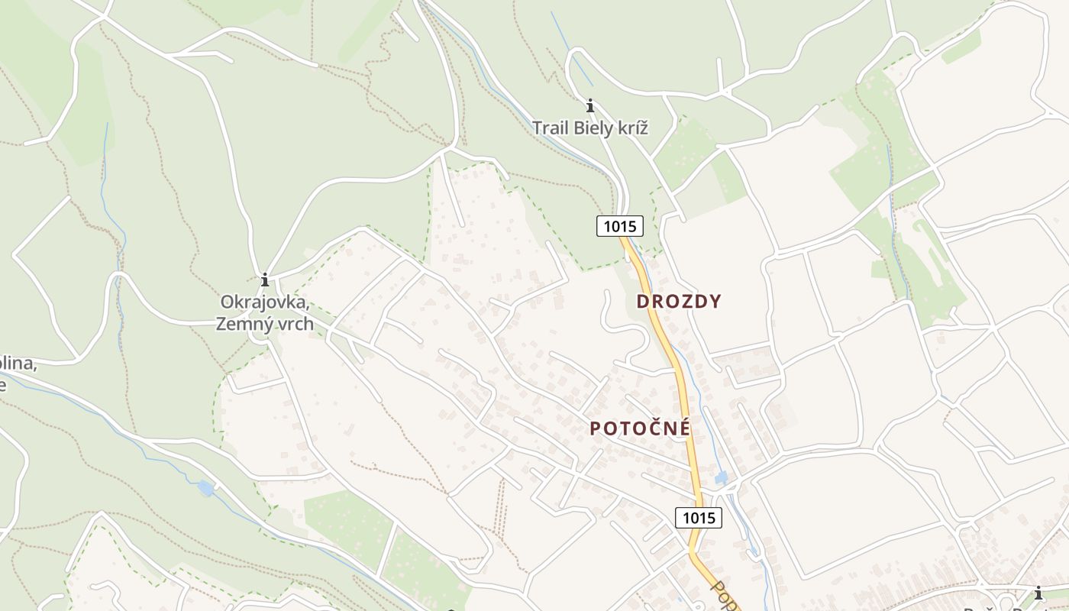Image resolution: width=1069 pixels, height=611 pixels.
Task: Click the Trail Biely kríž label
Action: [589, 128]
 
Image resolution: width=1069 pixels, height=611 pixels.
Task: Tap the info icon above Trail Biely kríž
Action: [589, 105]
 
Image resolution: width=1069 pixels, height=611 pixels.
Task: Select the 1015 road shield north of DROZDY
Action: [619, 226]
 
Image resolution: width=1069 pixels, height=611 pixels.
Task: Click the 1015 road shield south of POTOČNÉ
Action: [698, 518]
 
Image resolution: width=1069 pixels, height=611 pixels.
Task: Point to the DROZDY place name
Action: [679, 302]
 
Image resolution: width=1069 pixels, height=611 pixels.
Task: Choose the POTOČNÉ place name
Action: [640, 428]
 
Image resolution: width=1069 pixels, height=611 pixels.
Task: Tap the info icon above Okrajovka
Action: [265, 280]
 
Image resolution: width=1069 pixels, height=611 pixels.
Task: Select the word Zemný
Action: [243, 323]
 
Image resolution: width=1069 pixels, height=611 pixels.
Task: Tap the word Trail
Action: [550, 128]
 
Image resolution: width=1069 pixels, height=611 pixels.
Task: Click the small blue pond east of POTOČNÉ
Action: [721, 478]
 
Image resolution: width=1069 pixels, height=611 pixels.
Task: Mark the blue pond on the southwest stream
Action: [205, 488]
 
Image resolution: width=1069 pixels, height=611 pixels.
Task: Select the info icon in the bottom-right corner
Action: [1038, 593]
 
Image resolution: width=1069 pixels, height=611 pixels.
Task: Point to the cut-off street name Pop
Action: [725, 596]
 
